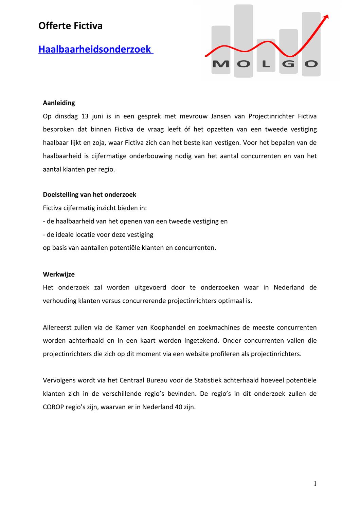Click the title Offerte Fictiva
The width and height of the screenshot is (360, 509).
pos(70,26)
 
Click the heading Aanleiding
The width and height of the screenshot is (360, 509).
pos(59,103)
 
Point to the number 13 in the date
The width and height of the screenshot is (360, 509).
pos(85,116)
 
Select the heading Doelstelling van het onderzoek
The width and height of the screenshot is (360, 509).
pos(89,195)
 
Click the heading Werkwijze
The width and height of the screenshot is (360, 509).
pos(59,274)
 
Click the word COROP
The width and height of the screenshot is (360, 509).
pos(53,407)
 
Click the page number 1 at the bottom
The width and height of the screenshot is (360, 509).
pos(315,484)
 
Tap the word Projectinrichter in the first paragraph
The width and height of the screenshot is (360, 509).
pos(271,116)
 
